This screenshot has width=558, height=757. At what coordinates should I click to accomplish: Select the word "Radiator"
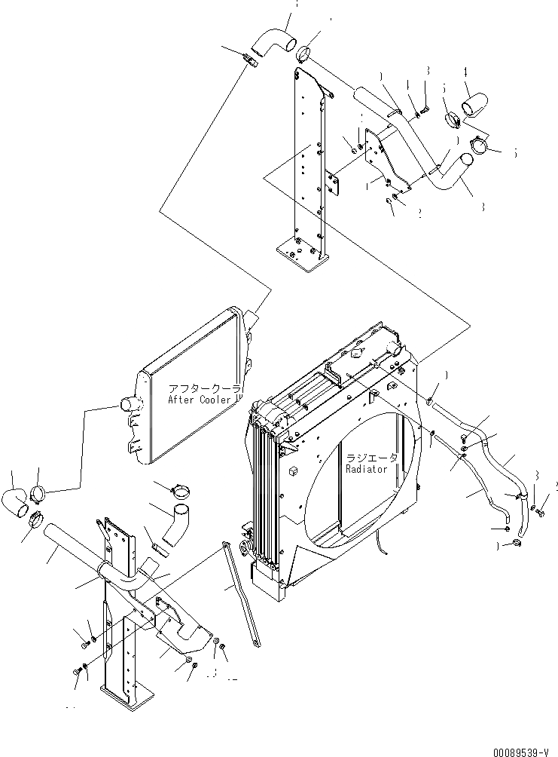pos(366,469)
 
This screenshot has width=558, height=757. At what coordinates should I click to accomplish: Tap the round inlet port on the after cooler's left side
pos(130,406)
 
